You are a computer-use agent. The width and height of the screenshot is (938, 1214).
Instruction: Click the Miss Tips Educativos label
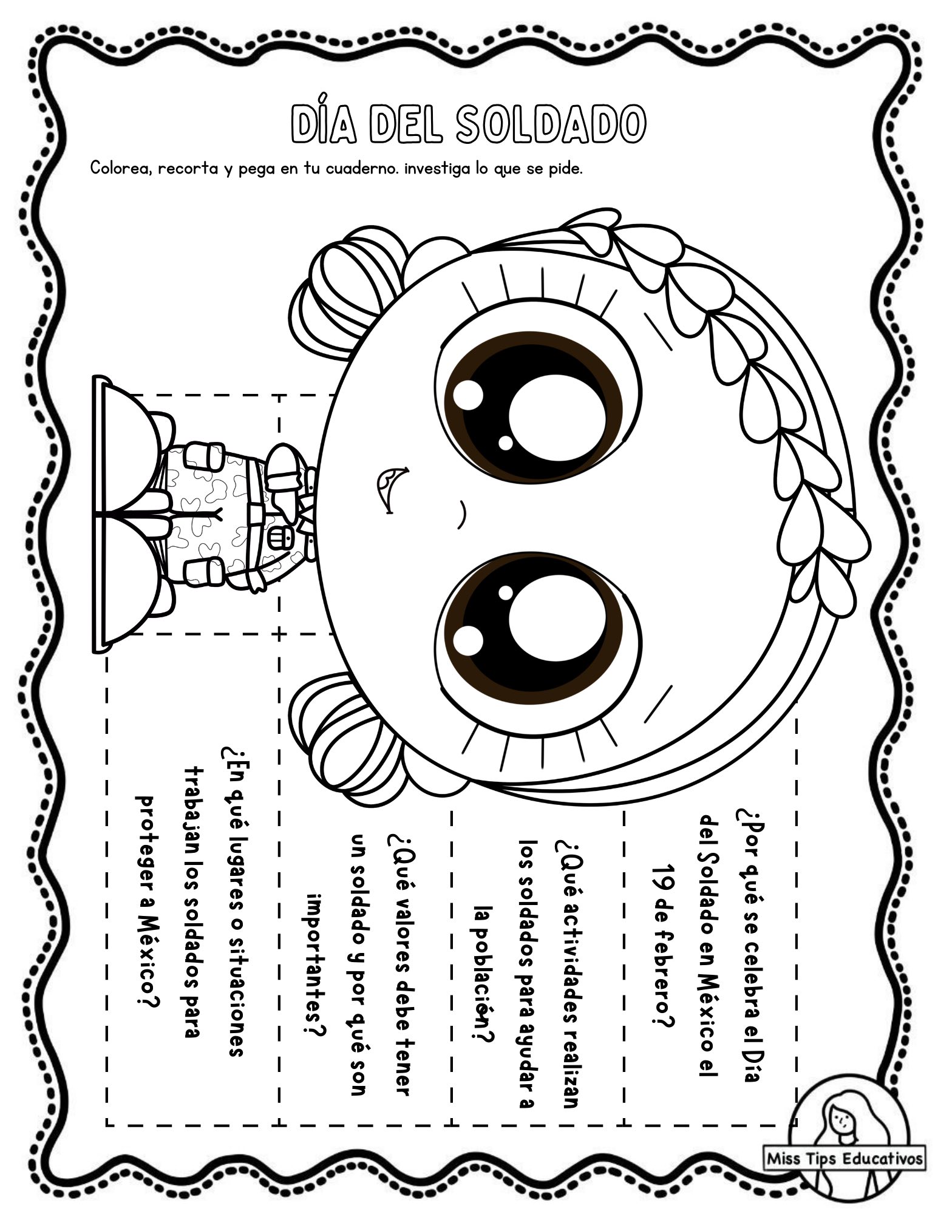[845, 1159]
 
